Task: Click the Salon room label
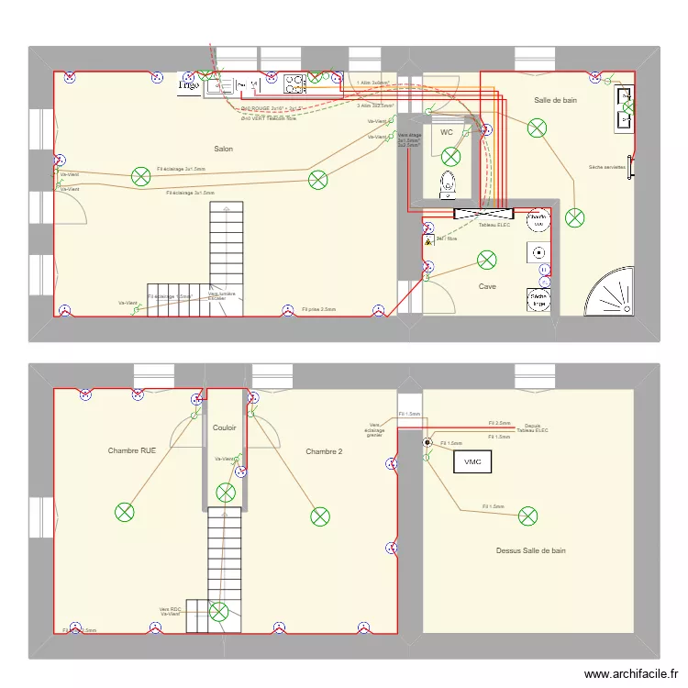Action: (223, 149)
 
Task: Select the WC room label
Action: (447, 133)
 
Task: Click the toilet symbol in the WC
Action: (449, 183)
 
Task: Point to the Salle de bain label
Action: (556, 100)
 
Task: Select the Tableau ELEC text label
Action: (494, 225)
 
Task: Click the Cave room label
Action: (487, 286)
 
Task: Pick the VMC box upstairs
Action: (473, 461)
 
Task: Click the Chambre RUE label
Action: (139, 450)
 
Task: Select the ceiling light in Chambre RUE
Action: (124, 513)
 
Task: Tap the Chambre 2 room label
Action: (324, 450)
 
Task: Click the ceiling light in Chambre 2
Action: (319, 516)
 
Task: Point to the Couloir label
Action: (225, 427)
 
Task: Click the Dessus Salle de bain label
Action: (530, 550)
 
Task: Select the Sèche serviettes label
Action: (607, 167)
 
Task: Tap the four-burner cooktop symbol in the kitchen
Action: (294, 85)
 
